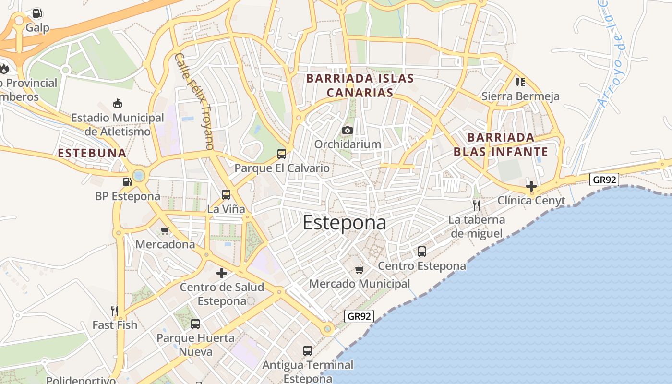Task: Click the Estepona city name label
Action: pos(344,223)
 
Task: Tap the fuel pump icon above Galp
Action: pos(37,13)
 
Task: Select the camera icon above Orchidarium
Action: pos(348,130)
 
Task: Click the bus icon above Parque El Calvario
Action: pos(282,154)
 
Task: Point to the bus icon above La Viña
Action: pos(226,195)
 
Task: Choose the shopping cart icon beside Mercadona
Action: pos(165,230)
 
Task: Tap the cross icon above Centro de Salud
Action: pos(222,273)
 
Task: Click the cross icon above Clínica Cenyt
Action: pos(531,186)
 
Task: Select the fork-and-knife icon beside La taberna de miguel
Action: pos(476,205)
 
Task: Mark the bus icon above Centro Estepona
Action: pos(422,252)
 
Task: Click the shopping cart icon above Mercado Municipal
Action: pos(359,270)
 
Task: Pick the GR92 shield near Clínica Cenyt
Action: pos(604,180)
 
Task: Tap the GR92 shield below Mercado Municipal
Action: pos(359,316)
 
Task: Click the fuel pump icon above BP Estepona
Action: pos(127,182)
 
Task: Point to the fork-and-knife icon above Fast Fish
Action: pos(115,311)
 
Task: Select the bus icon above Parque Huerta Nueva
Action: pos(195,324)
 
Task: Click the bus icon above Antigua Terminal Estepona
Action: pos(308,351)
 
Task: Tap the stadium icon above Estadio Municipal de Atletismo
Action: pos(117,103)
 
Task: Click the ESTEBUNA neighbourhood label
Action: pos(92,153)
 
